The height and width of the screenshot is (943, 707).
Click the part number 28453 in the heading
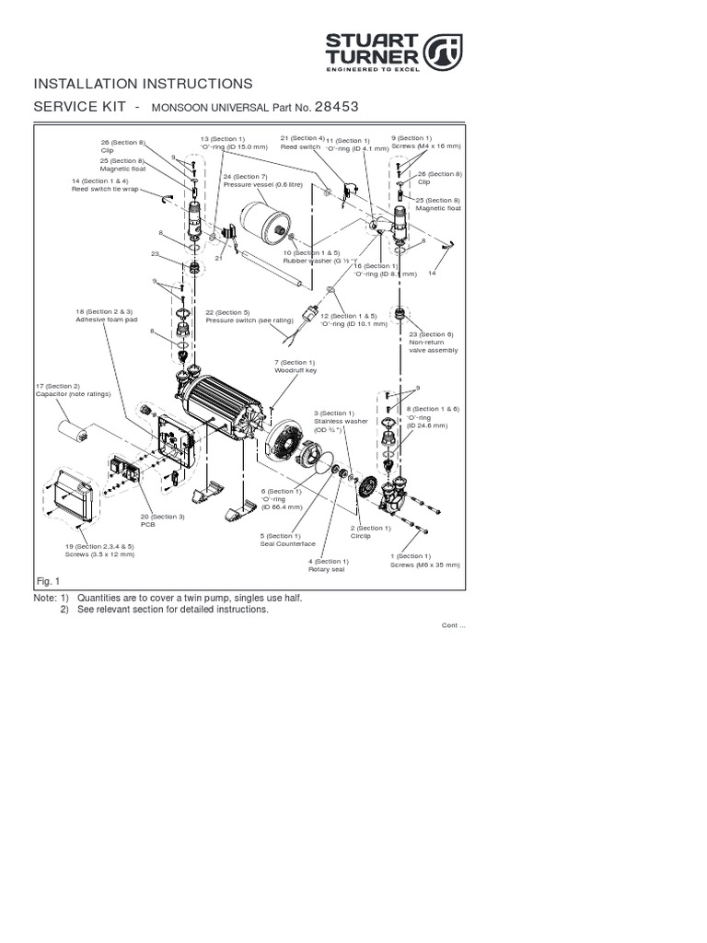pos(336,107)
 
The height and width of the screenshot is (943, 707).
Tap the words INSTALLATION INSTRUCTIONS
pos(143,84)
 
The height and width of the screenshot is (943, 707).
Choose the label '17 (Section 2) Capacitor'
pos(73,390)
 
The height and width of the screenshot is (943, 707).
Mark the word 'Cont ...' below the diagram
pos(454,626)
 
